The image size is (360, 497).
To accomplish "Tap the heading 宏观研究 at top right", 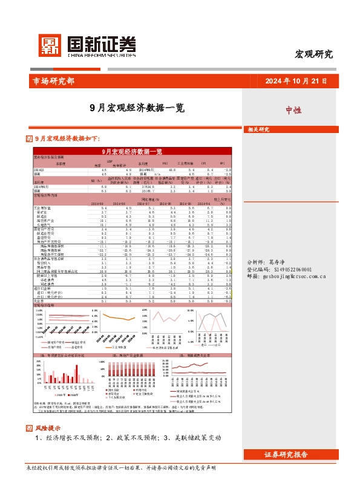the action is pyautogui.click(x=313, y=54).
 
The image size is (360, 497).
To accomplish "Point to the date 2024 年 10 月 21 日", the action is pyautogui.click(x=296, y=81).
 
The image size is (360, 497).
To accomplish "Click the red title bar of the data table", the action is pyautogui.click(x=131, y=152).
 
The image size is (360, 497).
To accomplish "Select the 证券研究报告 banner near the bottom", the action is pyautogui.click(x=286, y=455).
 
